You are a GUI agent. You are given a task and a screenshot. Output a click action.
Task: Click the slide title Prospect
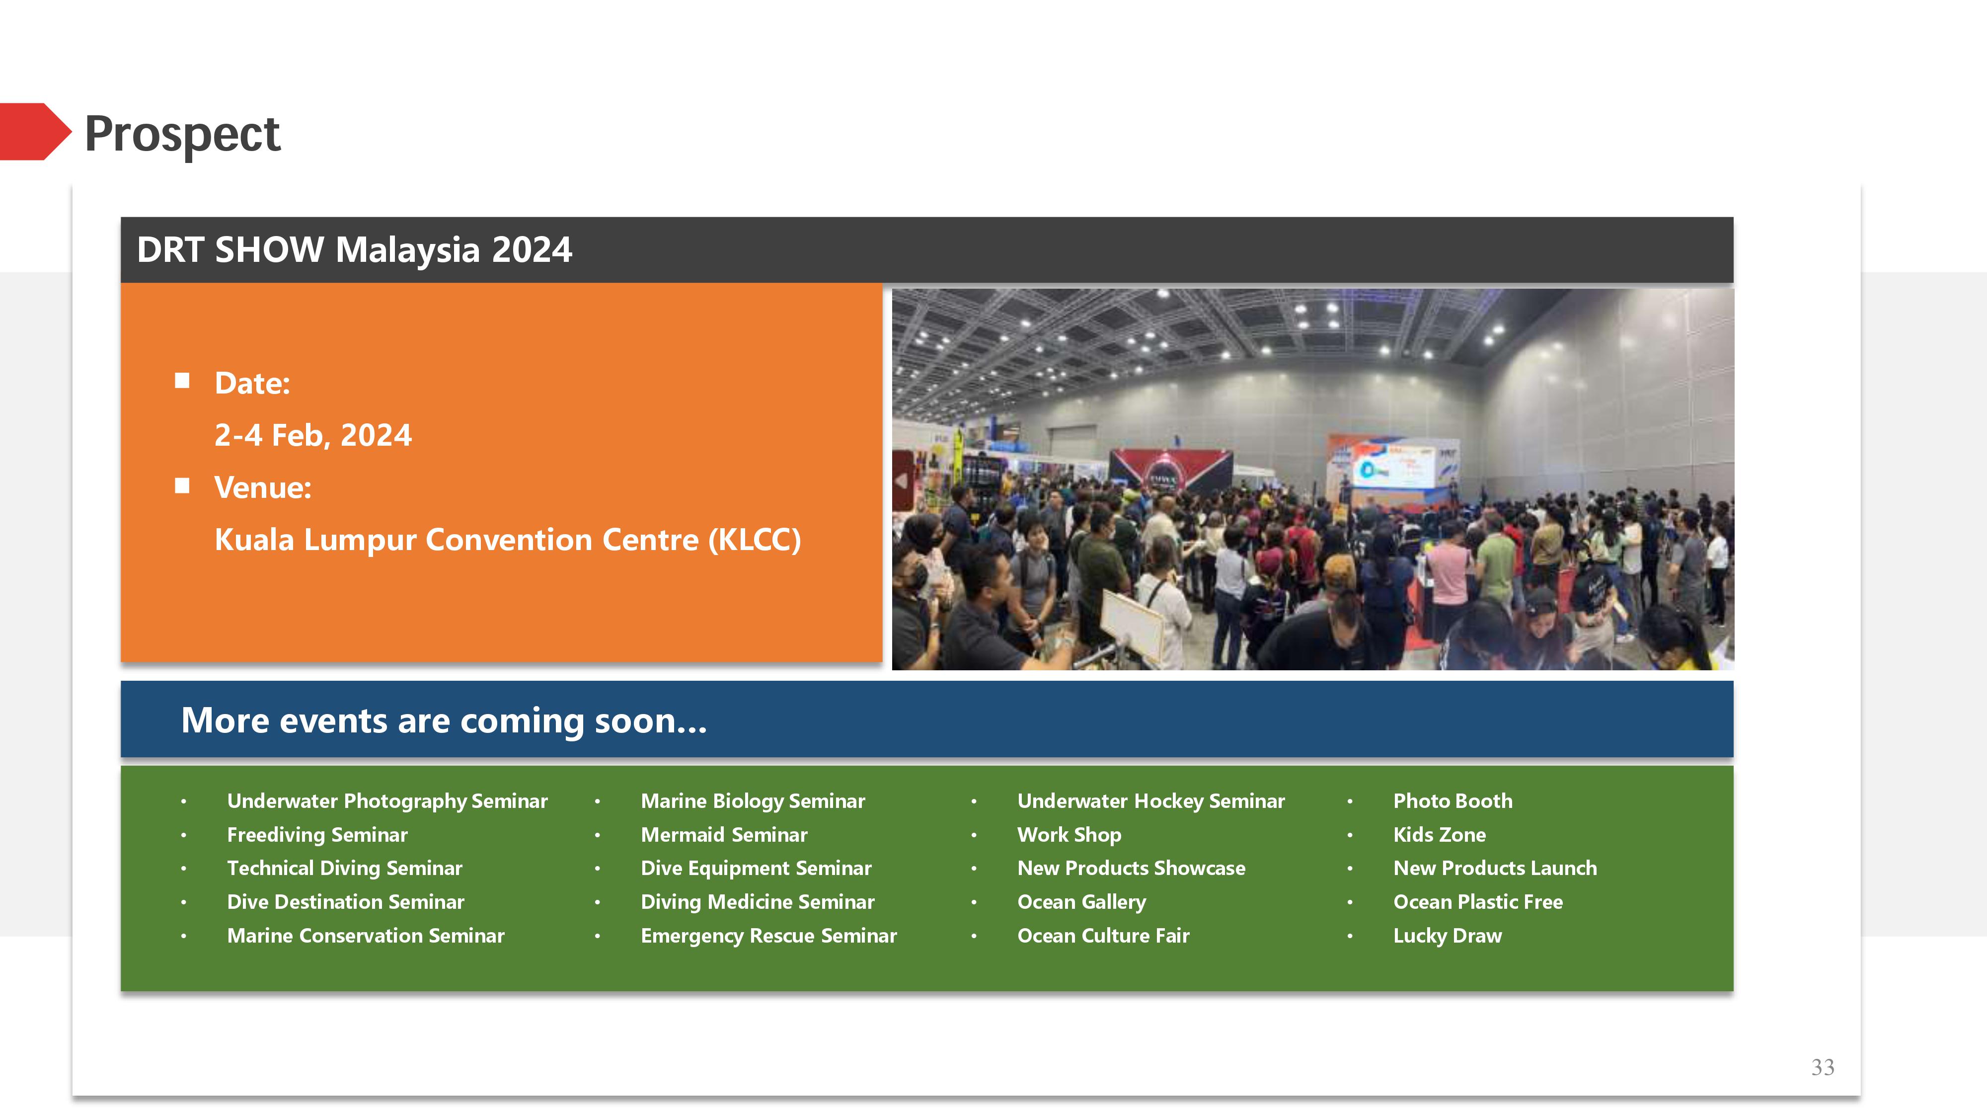tap(182, 134)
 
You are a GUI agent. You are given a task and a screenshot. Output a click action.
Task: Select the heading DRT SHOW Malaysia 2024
tap(354, 250)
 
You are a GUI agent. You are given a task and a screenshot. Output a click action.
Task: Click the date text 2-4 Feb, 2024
tap(313, 435)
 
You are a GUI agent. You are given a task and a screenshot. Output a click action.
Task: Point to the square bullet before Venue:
tap(182, 485)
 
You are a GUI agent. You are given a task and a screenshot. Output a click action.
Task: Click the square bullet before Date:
tap(182, 381)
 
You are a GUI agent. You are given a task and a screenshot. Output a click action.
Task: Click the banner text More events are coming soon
tap(444, 720)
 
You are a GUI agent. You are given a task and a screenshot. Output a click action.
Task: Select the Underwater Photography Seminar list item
tap(387, 801)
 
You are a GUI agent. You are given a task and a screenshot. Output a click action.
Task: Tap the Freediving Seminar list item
tap(317, 835)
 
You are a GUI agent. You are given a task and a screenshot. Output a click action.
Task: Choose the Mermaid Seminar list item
tap(724, 835)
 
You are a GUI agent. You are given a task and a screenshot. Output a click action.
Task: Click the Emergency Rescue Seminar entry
tap(768, 936)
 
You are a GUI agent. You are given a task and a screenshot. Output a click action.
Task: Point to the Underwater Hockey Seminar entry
tap(1151, 801)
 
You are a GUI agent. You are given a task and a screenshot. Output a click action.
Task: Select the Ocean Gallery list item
tap(1081, 902)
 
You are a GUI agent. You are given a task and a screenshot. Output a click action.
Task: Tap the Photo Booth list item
tap(1452, 801)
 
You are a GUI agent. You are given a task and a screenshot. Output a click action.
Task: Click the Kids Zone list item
tap(1440, 835)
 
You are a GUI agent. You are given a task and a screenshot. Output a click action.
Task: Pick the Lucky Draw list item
tap(1447, 936)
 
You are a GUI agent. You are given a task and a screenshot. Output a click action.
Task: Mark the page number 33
tap(1823, 1067)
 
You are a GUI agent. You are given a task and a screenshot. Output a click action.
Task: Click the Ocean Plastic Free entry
tap(1478, 902)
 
